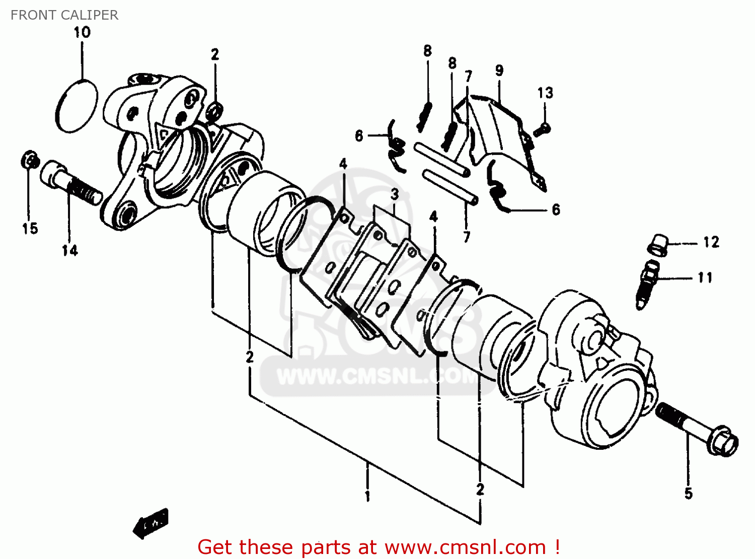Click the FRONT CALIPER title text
64,15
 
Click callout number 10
82,33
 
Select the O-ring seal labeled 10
77,106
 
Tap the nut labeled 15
30,159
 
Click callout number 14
70,250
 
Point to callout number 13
545,93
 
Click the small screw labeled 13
542,130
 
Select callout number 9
499,70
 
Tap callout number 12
711,243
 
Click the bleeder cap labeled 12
658,245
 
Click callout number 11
705,278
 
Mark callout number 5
688,494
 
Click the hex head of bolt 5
724,441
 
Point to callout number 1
367,496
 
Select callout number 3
395,194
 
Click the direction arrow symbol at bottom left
150,524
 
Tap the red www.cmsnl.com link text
466,547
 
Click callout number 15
30,228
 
